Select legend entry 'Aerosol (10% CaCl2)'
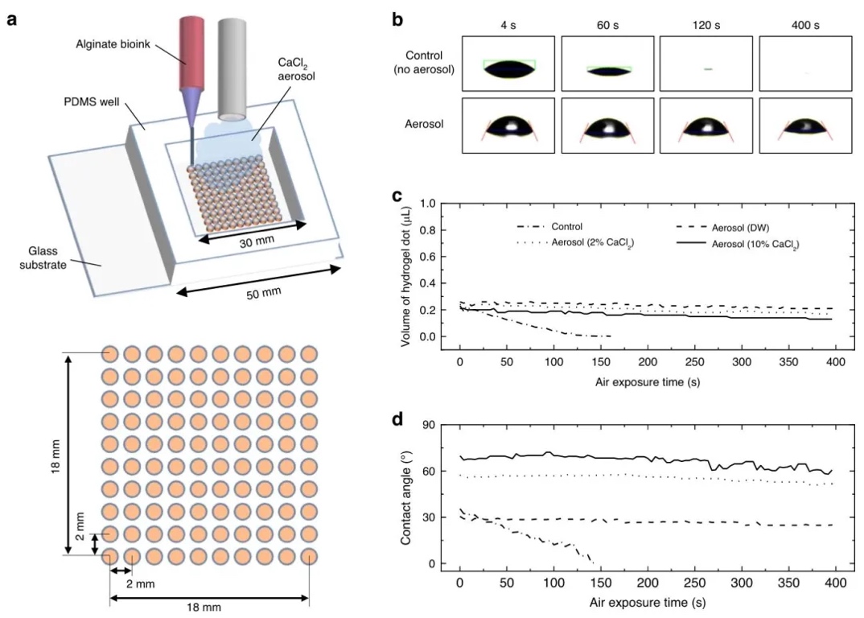[759, 242]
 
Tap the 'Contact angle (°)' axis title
[407, 494]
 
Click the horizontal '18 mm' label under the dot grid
[208, 607]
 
